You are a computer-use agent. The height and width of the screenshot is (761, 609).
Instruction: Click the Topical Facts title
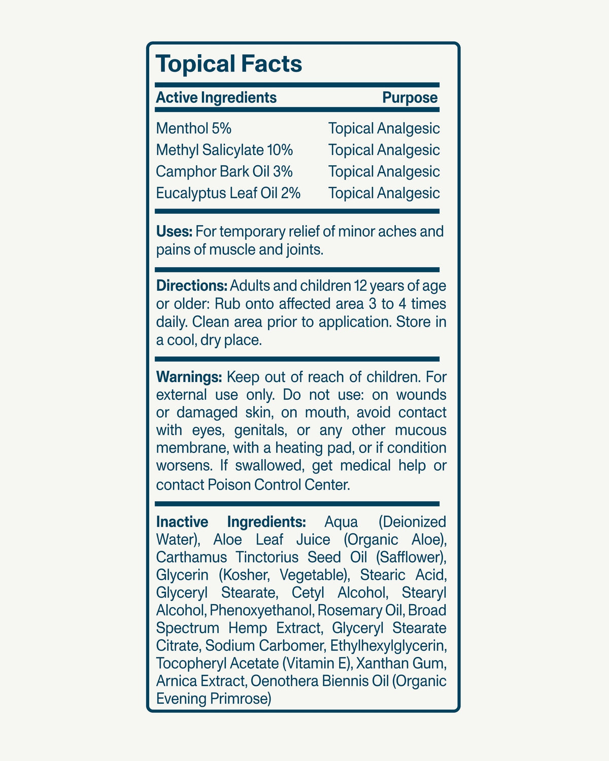(x=229, y=64)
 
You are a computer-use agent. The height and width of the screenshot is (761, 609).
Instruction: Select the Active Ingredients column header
(x=216, y=97)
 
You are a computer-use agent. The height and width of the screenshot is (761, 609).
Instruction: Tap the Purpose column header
(x=410, y=97)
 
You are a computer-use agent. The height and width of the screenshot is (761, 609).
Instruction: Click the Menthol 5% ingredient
(x=194, y=128)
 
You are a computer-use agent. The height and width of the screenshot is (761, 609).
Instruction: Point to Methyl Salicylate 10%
(x=224, y=150)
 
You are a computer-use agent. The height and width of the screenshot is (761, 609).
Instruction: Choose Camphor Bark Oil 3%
(x=224, y=171)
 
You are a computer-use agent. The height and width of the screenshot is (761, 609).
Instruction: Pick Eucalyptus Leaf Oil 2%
(x=228, y=193)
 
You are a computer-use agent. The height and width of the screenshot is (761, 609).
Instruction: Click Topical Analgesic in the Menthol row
(x=384, y=128)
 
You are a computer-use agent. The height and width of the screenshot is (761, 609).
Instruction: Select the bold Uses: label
(x=174, y=232)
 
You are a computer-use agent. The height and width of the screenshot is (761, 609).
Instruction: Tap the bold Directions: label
(x=192, y=286)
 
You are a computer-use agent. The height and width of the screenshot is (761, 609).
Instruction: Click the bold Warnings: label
(x=189, y=377)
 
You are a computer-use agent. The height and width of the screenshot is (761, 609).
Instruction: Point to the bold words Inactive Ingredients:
(x=231, y=522)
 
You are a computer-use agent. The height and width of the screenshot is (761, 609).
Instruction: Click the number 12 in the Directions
(x=360, y=286)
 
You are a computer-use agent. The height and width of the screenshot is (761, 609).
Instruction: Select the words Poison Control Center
(x=278, y=485)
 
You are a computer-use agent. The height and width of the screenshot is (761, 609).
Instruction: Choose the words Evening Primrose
(x=214, y=699)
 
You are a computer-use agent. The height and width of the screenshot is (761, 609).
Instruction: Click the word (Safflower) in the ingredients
(x=411, y=557)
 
